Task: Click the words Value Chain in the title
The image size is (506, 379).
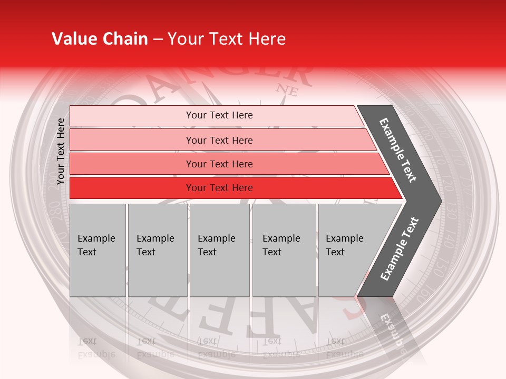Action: (100, 39)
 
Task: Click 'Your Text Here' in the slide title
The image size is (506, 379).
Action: (227, 39)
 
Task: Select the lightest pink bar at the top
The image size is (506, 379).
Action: (219, 115)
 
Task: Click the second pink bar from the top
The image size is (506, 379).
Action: (219, 140)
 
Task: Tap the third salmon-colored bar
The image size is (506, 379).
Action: (219, 164)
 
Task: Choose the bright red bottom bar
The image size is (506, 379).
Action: (219, 188)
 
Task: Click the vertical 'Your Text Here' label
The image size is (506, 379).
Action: (61, 151)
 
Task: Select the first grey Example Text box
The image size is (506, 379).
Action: (98, 250)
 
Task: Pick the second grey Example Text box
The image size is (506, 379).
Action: (157, 250)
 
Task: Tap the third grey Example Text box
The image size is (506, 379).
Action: (219, 250)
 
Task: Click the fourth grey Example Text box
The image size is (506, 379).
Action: (284, 250)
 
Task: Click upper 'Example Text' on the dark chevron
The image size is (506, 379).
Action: (398, 150)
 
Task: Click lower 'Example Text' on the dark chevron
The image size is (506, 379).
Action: (400, 248)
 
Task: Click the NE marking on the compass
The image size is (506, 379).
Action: (288, 91)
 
